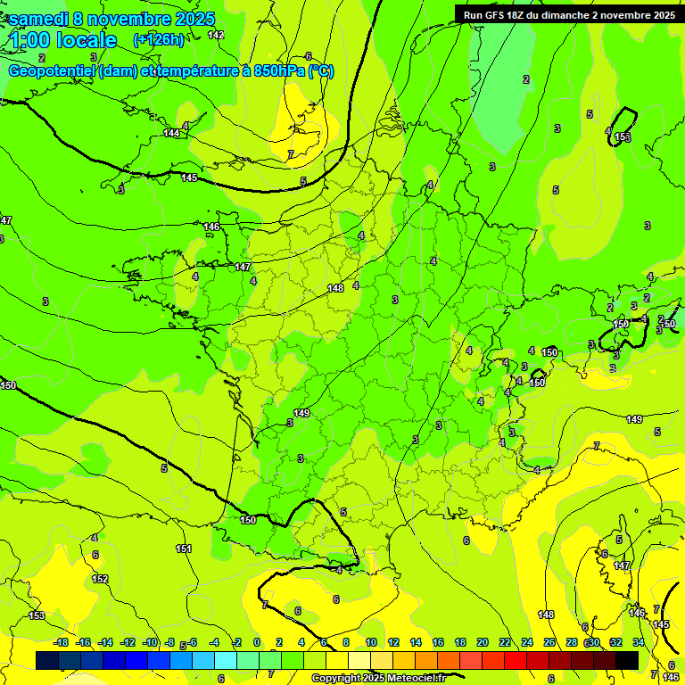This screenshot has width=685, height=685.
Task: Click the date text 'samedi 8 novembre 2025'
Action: pos(111,19)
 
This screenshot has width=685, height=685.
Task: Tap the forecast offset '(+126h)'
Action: pos(159,40)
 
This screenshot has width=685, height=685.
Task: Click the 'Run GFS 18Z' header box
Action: pos(568,14)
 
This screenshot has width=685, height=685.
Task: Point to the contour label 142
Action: pos(216,35)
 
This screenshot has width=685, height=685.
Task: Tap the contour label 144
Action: pos(171,133)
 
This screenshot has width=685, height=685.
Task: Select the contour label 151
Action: pos(184,549)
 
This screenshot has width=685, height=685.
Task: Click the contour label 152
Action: pos(101,579)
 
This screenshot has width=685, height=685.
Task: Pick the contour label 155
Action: pos(623,136)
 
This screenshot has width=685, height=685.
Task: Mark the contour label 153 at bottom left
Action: pos(37,615)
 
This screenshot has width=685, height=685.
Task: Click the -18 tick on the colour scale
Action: pos(61,642)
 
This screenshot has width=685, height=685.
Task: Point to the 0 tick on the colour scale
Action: pos(257,642)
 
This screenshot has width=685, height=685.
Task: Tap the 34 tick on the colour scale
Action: pos(639,642)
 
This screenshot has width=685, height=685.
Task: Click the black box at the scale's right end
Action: pos(627,660)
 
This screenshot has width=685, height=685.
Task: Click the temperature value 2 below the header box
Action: pos(526,79)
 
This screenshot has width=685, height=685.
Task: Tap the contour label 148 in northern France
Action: pos(335,288)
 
